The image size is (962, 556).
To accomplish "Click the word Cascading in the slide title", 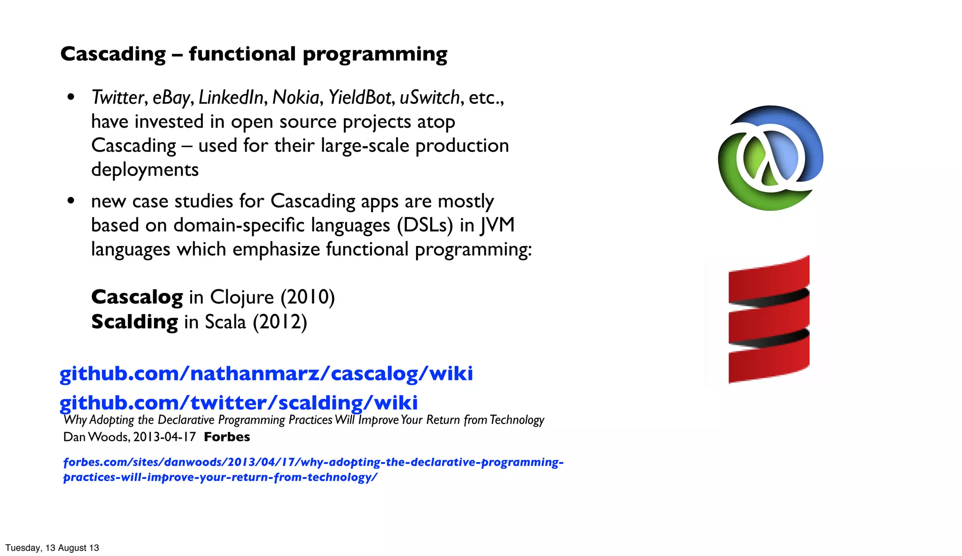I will tap(113, 54).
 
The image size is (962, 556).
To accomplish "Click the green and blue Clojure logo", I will tap(770, 158).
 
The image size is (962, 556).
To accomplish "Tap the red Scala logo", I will tap(769, 319).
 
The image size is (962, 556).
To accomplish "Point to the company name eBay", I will tap(171, 98).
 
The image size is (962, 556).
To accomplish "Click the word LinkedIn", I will tap(231, 98).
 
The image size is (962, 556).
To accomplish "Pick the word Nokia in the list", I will tap(296, 98).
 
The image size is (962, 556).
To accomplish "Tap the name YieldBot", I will tap(359, 98).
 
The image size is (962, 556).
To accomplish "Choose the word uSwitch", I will tap(429, 98).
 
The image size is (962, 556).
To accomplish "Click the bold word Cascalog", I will tap(137, 297).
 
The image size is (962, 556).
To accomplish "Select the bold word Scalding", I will tap(134, 322).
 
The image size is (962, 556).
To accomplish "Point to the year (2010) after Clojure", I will tap(308, 297).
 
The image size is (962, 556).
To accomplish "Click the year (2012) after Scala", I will tap(280, 322).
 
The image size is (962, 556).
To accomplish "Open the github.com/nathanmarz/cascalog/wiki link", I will tap(266, 374).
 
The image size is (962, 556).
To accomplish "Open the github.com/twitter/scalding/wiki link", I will tap(238, 403).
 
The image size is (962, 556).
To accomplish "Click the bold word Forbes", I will tap(227, 437).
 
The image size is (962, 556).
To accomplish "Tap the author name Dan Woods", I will tap(96, 437).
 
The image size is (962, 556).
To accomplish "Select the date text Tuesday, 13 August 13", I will tap(52, 548).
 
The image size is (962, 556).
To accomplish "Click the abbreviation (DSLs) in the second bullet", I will tap(425, 225).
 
